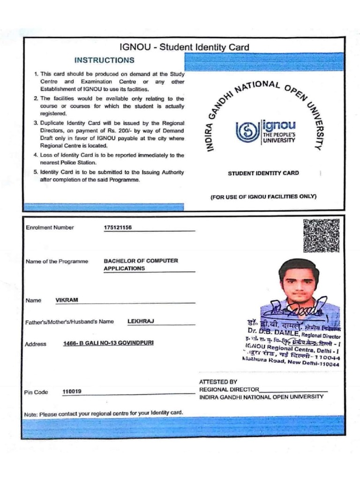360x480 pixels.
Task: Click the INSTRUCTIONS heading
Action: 104,60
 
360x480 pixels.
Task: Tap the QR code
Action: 321,236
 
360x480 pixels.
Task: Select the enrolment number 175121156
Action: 118,228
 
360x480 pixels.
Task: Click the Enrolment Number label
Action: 50,228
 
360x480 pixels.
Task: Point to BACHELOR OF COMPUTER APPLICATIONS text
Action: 141,264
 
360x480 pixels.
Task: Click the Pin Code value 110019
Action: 72,391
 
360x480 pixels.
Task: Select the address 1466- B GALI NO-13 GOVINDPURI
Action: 108,343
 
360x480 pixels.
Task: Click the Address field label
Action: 36,344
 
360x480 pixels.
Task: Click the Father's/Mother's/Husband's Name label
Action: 69,322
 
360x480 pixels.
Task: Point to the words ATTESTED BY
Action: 218,382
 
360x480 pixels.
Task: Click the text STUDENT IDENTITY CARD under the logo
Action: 263,173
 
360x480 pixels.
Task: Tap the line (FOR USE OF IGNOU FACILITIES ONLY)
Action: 263,196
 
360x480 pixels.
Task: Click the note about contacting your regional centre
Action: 103,413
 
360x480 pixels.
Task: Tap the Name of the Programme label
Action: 57,261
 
